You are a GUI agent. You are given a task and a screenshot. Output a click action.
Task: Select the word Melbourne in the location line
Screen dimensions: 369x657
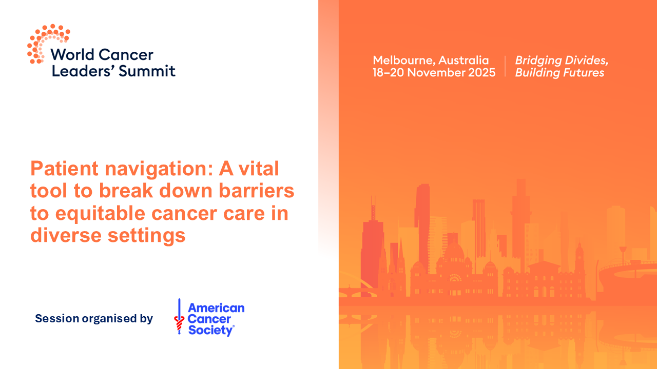(403, 60)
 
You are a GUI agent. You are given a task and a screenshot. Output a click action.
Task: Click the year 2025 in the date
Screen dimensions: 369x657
(481, 73)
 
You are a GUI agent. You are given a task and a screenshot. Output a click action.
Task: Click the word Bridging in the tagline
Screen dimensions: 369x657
(536, 60)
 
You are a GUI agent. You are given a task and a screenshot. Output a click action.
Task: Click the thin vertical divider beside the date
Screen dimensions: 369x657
(505, 67)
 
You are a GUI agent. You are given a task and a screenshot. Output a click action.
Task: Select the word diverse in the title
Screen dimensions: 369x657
(64, 236)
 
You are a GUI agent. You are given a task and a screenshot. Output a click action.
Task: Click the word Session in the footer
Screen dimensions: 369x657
(57, 319)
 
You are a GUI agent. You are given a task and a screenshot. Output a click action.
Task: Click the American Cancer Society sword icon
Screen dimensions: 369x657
(179, 317)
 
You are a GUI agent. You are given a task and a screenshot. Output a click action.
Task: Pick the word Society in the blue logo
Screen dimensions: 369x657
(210, 330)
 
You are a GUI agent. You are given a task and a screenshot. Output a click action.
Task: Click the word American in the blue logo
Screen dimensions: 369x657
(216, 308)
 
